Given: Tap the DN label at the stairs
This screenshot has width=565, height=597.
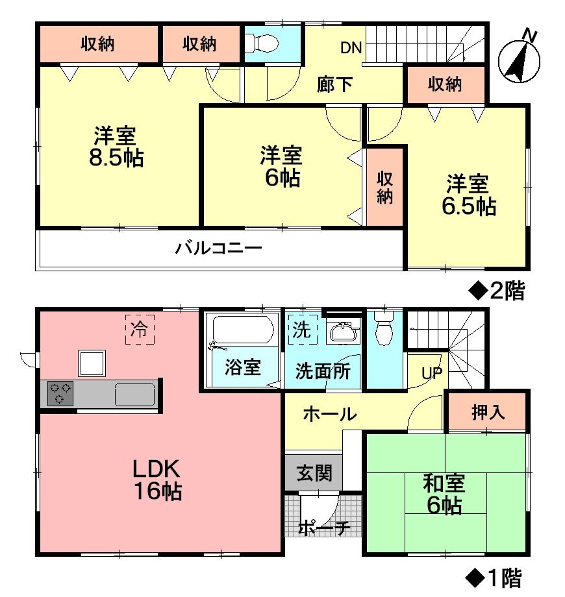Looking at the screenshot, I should tap(351, 47).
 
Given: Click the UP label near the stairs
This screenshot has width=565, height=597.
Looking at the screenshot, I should tap(432, 373).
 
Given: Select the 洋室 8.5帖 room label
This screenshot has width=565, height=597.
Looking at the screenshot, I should tap(117, 147).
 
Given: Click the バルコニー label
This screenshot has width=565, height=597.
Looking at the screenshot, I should tap(218, 249).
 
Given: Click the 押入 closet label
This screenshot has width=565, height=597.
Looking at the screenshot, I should tap(487, 412).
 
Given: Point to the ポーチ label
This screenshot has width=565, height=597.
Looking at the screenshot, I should tap(324, 528).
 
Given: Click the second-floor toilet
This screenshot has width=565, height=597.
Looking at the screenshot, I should tap(262, 43).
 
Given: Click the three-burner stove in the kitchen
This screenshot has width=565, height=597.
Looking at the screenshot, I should tap(60, 394).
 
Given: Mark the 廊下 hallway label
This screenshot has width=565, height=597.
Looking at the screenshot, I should tap(335, 84).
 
